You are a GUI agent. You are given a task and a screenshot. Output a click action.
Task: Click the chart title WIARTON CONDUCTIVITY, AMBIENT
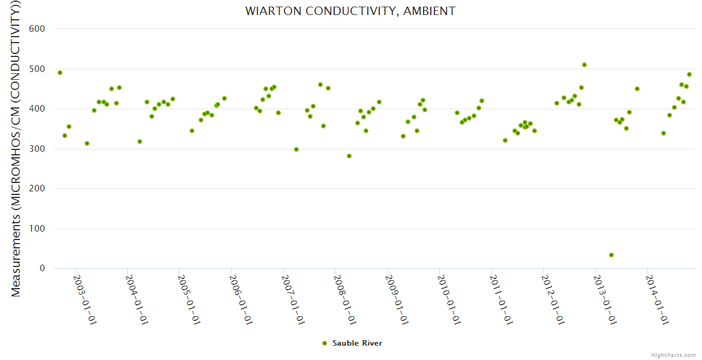coord(350,11)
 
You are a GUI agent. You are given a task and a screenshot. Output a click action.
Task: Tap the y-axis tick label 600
coord(37,29)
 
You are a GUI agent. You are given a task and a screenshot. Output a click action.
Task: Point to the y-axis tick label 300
coord(37,149)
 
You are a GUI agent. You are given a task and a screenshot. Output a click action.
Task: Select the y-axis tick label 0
coord(42,269)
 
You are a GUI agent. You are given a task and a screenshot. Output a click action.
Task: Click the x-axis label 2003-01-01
coord(85,299)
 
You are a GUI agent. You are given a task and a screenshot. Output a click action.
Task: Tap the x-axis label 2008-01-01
coord(346,299)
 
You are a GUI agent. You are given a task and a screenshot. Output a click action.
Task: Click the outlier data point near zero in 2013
coord(611,255)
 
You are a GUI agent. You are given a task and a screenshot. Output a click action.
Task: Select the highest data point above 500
coord(584,65)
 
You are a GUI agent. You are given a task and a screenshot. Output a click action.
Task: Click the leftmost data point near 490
coord(60,73)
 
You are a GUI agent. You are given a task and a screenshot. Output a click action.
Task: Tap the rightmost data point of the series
coord(689,74)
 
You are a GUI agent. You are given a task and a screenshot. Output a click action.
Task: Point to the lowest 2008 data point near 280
coord(349,156)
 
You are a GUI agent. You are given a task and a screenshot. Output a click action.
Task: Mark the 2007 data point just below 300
coord(296,149)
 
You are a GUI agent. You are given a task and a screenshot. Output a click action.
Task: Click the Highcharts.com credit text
coord(673,355)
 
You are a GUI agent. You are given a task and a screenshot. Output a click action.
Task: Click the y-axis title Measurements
coord(16,150)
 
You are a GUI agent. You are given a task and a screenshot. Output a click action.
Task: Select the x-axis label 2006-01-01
coord(241,299)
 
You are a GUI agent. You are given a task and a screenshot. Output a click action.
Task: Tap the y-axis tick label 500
coord(37,69)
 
